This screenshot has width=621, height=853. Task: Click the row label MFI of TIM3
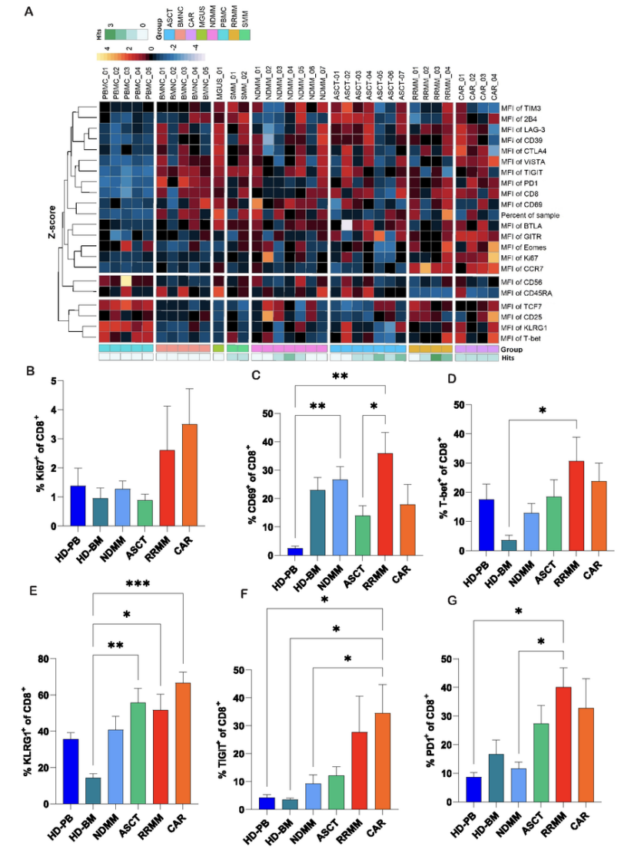pyautogui.click(x=523, y=108)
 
